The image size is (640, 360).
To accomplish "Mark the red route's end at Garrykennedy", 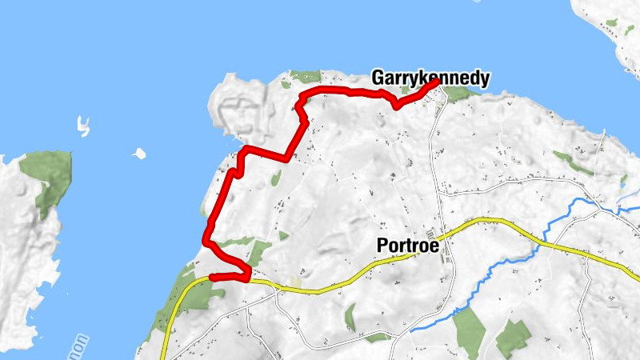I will click(437, 82).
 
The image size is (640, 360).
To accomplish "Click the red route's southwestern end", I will click(212, 278).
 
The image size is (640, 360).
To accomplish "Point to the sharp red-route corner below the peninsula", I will click(286, 158).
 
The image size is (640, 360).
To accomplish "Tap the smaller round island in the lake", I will click(139, 153).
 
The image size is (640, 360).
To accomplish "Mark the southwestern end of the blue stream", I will click(411, 329).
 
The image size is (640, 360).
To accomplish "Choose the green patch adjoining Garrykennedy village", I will click(458, 93).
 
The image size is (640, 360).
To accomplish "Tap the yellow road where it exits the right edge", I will click(635, 277).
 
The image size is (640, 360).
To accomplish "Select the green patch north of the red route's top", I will click(305, 77).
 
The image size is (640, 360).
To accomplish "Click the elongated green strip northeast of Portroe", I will click(573, 163).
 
